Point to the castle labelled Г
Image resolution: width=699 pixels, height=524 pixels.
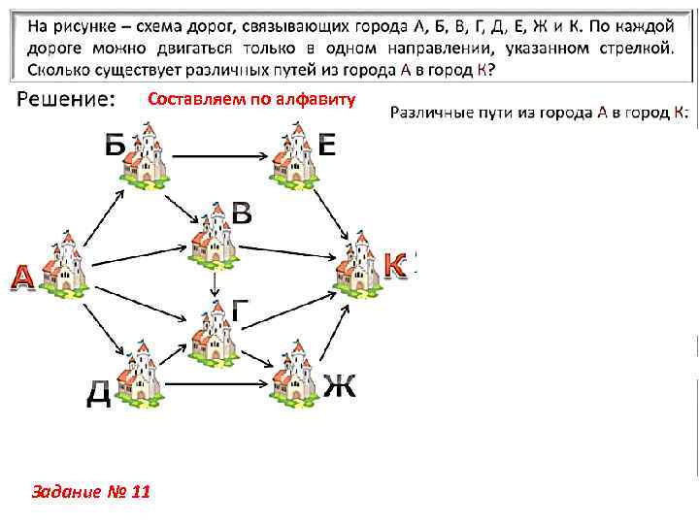pos(214,335)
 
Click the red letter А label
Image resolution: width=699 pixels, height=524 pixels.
pos(21,278)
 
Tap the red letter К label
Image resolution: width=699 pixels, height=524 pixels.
pos(394,264)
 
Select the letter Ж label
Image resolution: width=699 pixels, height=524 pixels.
pos(339,384)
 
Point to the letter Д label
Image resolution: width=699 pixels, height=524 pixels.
pos(98,394)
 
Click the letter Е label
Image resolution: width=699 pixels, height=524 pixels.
pos(326,146)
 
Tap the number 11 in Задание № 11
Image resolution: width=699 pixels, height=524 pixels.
pos(138,492)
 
